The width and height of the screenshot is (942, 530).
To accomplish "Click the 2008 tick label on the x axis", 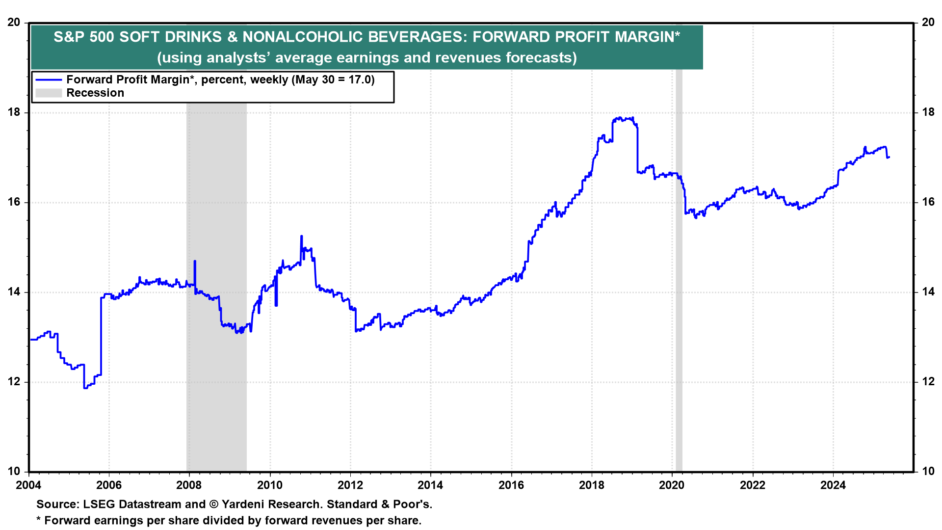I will coord(189,485).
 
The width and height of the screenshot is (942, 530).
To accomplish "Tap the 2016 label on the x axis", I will coord(511,485).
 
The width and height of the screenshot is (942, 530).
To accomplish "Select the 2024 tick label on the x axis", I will coord(833,485).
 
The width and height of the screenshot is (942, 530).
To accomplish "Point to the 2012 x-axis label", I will coord(350,485).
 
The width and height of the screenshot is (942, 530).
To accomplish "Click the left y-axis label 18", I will coord(14,112).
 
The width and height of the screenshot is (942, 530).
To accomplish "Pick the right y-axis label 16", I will coord(928,202).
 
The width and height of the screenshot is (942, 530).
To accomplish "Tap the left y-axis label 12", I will coord(14,382).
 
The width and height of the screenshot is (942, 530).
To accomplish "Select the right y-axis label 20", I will coord(928,23).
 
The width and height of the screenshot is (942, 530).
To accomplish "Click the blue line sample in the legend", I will coord(49,80).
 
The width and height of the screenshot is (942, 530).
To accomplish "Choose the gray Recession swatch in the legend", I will coord(49,93).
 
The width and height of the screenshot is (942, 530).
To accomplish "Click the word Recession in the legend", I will coord(95,93).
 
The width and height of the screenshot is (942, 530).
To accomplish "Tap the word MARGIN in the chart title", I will coord(646,37).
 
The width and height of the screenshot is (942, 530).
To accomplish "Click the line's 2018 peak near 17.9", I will coord(620,118).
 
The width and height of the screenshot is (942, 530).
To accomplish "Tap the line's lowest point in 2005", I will coord(85,388).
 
